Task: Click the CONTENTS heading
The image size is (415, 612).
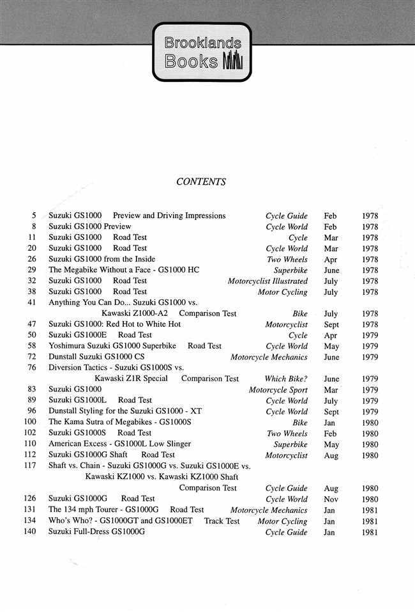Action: tap(200, 182)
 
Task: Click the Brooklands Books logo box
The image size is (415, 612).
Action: tap(202, 52)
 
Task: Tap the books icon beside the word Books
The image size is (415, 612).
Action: tap(233, 62)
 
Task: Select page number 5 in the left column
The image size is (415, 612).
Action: tap(33, 216)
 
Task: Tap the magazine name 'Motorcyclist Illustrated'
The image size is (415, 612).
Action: tap(268, 281)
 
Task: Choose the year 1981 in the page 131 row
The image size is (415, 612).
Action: tap(369, 510)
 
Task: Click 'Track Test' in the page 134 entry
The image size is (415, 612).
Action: tap(222, 521)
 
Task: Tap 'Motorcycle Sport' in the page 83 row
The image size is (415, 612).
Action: tap(278, 389)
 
